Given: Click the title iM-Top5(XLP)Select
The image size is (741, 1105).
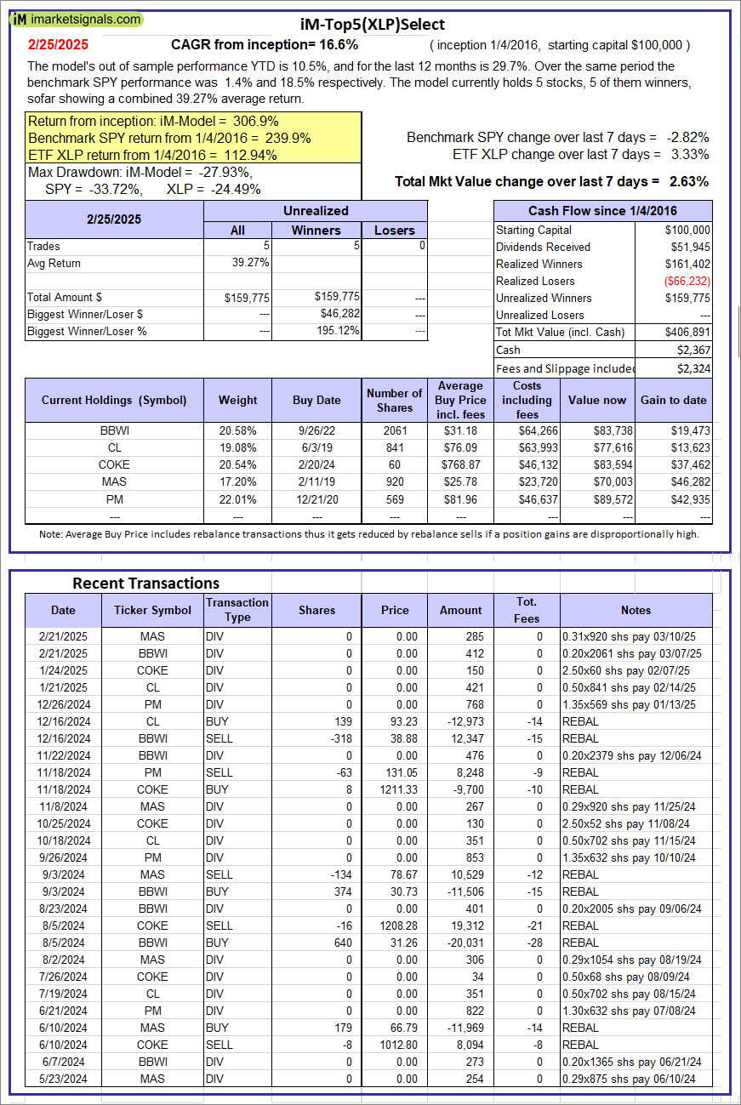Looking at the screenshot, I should pos(373,25).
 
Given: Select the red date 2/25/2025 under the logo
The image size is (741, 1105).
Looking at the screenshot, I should pos(58,44).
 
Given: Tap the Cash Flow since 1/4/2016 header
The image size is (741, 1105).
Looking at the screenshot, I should pos(602,211).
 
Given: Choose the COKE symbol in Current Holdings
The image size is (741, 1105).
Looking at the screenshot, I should pos(114,464).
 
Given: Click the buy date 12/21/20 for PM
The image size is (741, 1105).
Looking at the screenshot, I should pos(316,498).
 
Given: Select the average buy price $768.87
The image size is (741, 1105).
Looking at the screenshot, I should pos(461,464).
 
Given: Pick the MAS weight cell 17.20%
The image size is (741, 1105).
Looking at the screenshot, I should pos(238,481).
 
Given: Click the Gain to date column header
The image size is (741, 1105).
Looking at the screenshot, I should pos(673,400).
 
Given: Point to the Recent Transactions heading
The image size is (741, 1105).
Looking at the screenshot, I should pos(145,583).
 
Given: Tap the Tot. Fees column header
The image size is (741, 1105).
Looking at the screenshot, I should pos(527,610).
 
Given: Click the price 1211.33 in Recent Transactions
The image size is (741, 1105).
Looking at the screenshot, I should pos(395,789).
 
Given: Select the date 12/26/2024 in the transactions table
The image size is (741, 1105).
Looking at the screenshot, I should pos(63,704).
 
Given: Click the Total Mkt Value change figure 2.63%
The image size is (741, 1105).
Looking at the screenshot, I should pos(688,181).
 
